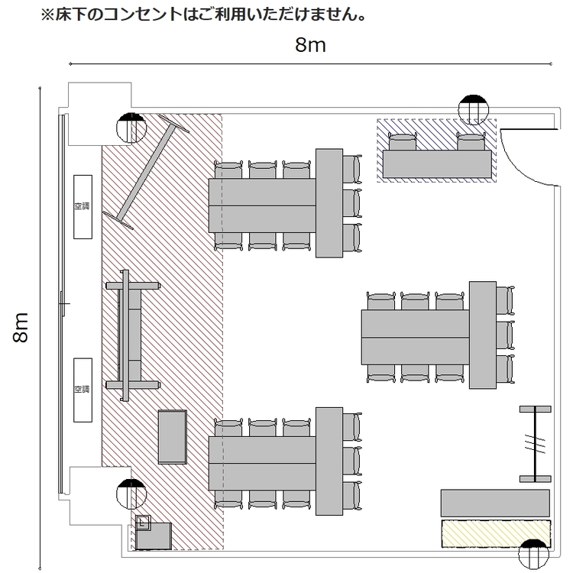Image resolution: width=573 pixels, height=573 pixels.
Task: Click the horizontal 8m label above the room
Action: point(310,45)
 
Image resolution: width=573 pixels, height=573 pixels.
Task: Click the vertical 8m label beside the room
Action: point(21,328)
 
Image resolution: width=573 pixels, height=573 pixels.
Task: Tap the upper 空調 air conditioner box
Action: point(83,207)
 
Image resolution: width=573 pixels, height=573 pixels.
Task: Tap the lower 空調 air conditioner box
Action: point(83,390)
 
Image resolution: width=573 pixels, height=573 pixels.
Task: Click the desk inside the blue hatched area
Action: point(437,164)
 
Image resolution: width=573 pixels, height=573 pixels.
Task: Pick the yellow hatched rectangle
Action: point(496,533)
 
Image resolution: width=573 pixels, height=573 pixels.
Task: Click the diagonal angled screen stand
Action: point(146,172)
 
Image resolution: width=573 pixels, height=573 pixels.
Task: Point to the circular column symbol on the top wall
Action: point(473,109)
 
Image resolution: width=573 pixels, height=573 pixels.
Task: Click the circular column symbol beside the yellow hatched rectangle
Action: point(533,555)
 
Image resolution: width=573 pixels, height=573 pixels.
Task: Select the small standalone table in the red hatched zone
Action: point(173,437)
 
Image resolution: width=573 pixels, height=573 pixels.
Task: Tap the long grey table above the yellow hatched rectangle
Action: point(495,503)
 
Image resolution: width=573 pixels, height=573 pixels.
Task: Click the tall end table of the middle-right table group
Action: point(483,335)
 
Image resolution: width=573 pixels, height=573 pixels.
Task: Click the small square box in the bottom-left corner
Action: point(143,523)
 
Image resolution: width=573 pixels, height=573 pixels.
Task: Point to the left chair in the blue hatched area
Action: point(403,142)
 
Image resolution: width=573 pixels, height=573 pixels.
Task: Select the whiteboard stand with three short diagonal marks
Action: point(536,444)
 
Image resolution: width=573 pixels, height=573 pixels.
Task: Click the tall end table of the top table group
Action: point(329,202)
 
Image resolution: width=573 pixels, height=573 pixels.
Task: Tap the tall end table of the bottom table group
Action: point(329,461)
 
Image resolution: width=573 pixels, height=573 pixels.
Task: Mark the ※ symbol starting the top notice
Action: point(47,15)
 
